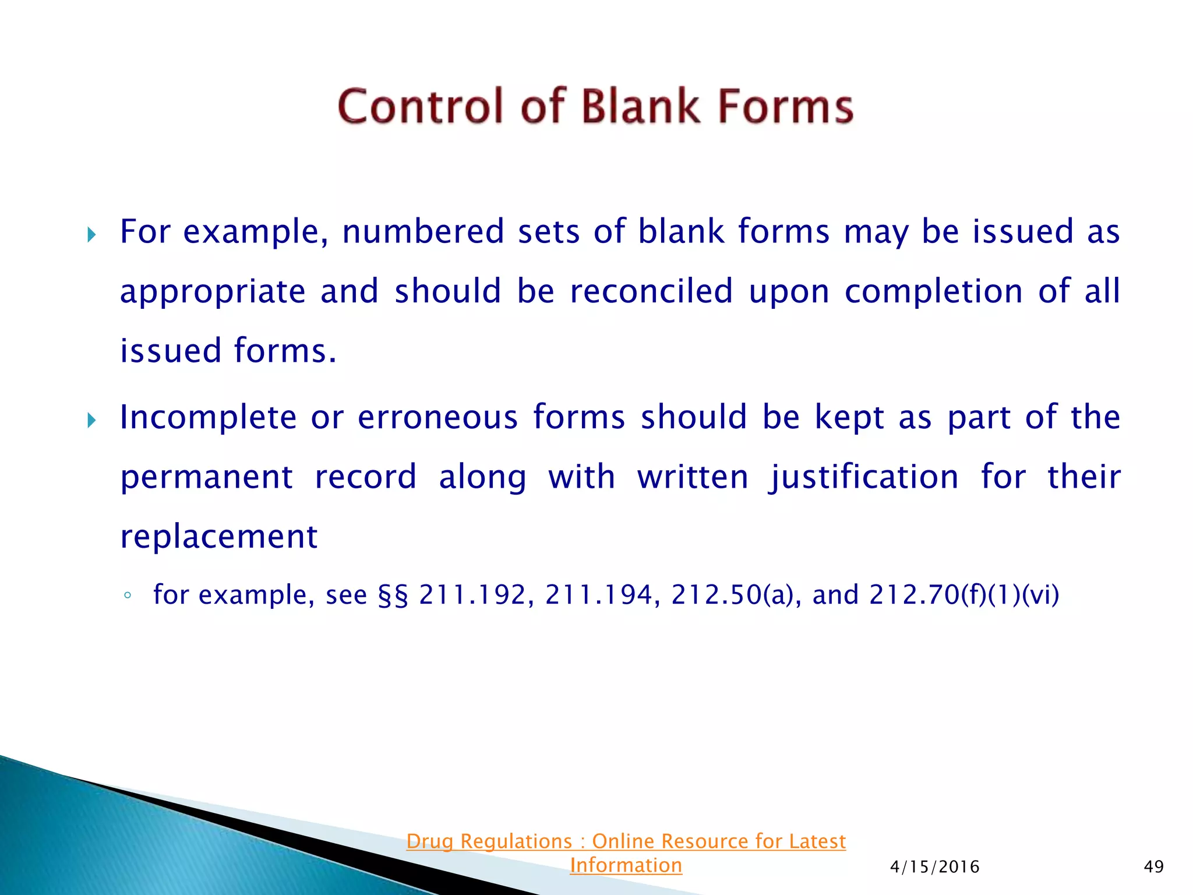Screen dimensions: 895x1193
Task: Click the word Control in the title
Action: pos(419,107)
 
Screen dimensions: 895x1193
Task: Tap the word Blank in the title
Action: pos(641,107)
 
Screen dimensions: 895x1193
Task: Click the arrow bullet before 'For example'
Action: pos(91,235)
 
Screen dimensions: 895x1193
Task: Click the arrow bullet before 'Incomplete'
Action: pos(91,420)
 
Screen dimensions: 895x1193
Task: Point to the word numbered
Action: pos(423,231)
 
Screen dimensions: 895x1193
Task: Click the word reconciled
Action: pos(651,291)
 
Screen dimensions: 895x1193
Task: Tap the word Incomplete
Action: pos(208,418)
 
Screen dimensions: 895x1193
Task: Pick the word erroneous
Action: pos(437,418)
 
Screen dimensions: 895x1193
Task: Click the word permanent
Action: pos(206,478)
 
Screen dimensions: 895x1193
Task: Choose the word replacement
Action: pos(219,537)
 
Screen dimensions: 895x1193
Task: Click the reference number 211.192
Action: pos(472,595)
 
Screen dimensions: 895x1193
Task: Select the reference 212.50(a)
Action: pos(731,595)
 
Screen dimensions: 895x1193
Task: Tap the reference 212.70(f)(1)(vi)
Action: pos(964,595)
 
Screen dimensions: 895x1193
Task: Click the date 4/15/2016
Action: pos(934,867)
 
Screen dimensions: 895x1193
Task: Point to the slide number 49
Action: pos(1153,867)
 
